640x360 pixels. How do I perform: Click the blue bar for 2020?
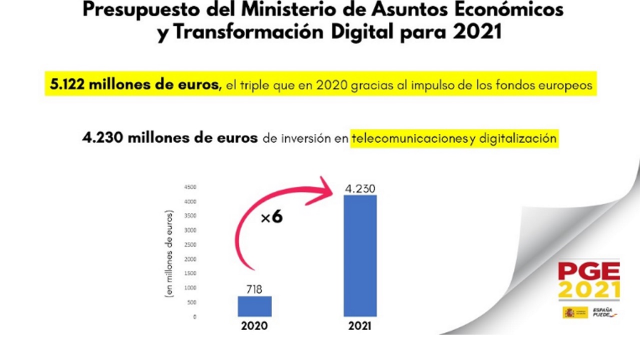(254, 306)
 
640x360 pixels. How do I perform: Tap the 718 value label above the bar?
(254, 289)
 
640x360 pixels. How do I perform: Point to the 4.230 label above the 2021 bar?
(360, 189)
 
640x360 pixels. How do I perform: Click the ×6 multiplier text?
(271, 217)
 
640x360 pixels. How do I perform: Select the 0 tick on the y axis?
(194, 317)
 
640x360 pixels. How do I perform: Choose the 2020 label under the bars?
(254, 326)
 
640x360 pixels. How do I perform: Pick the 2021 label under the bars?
(360, 326)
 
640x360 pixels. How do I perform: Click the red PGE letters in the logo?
(589, 271)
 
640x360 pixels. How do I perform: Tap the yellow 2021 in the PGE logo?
(589, 289)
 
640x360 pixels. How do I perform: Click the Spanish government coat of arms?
(569, 312)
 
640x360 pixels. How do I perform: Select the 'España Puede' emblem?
(604, 312)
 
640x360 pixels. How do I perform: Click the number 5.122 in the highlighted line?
(67, 85)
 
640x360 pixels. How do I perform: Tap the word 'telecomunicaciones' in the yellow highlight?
(409, 138)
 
